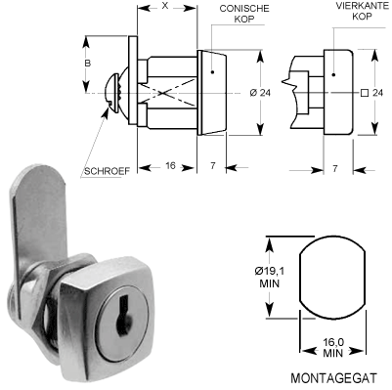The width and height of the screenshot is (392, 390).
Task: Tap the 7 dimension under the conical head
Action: [x=213, y=167]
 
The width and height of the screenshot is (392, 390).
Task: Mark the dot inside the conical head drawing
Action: [x=211, y=72]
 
